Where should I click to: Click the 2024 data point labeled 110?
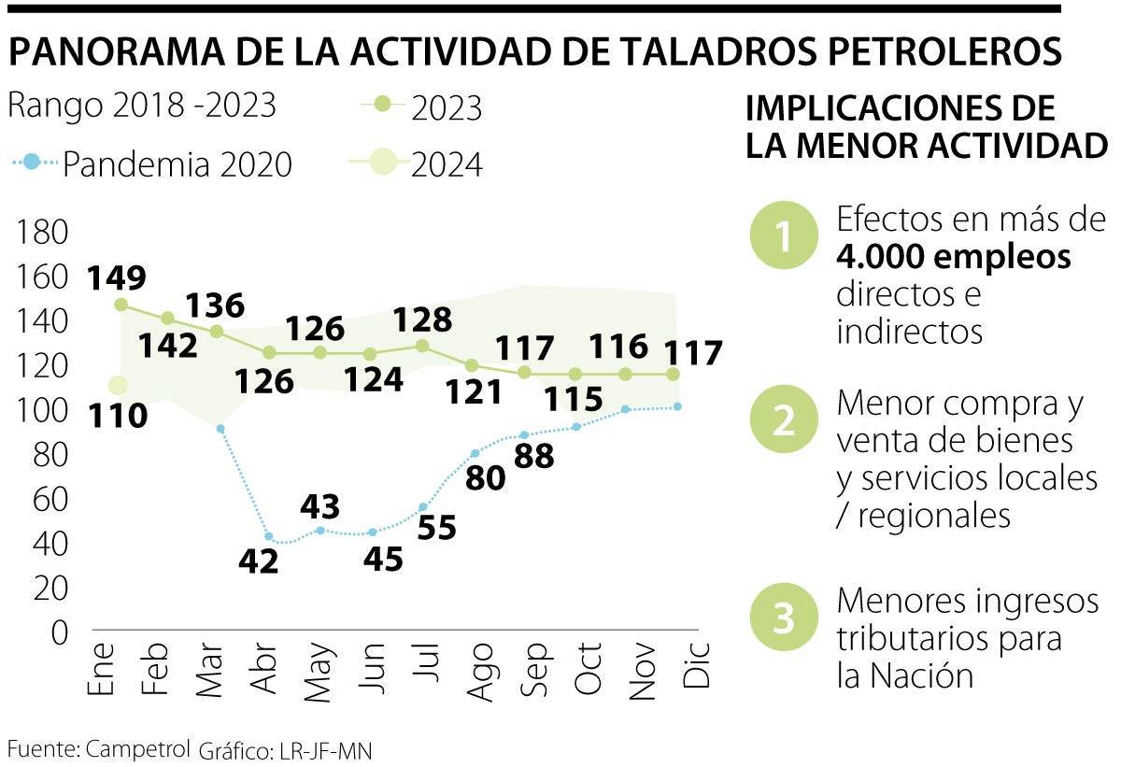coord(118,385)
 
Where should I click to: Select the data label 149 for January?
coord(117,277)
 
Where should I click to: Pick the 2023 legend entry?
coord(421,108)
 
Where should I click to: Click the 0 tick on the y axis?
coord(59,633)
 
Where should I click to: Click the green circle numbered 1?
coord(783,236)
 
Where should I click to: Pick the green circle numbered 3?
coord(783,618)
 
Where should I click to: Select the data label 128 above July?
coord(422,320)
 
